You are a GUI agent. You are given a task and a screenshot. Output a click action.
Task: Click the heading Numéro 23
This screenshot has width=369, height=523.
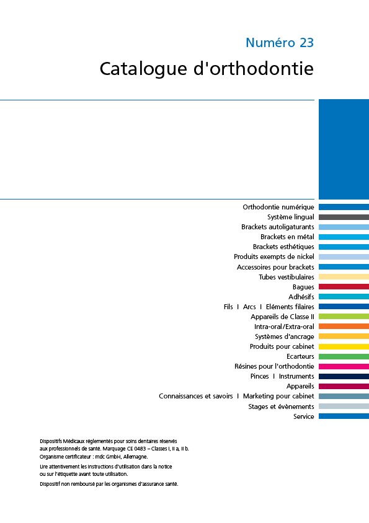(280, 43)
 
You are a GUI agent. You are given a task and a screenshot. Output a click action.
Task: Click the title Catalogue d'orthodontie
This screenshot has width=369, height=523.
(207, 69)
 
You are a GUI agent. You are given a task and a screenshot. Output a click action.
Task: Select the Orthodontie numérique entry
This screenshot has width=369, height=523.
(278, 207)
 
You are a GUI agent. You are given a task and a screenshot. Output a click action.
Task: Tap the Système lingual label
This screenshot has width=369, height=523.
(290, 217)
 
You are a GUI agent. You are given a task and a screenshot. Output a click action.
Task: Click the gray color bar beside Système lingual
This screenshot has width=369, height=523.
(344, 217)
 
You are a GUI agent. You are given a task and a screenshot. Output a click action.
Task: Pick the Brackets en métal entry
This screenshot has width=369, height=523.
(287, 237)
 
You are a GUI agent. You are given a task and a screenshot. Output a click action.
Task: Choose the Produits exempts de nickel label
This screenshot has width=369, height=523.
(274, 257)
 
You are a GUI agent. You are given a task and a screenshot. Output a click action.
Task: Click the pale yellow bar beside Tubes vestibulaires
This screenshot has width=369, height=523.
(344, 277)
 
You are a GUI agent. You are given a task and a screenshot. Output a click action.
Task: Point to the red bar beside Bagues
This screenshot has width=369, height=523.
(344, 286)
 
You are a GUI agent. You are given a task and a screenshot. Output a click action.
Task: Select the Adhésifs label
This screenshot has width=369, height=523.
(301, 297)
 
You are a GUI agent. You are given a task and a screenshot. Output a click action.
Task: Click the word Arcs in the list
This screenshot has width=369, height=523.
(249, 307)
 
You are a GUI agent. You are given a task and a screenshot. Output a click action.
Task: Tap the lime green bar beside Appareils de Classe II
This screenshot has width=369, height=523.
(344, 317)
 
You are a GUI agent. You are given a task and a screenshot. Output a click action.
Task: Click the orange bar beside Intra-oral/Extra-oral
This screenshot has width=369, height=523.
(344, 327)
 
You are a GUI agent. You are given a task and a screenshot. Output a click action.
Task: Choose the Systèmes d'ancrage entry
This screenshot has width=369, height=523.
(284, 336)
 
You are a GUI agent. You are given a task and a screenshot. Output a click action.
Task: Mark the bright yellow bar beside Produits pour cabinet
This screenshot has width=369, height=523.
(344, 346)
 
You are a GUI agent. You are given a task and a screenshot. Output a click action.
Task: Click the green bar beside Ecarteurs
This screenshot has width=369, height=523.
(344, 356)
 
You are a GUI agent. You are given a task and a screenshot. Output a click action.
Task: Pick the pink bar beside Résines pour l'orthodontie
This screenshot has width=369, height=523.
(344, 366)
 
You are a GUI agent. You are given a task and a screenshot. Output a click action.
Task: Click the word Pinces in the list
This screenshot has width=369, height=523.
(259, 376)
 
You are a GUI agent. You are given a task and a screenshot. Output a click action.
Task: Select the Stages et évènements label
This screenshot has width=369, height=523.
(281, 407)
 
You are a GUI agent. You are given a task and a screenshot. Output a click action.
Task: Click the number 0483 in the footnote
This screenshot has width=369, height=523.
(140, 449)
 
